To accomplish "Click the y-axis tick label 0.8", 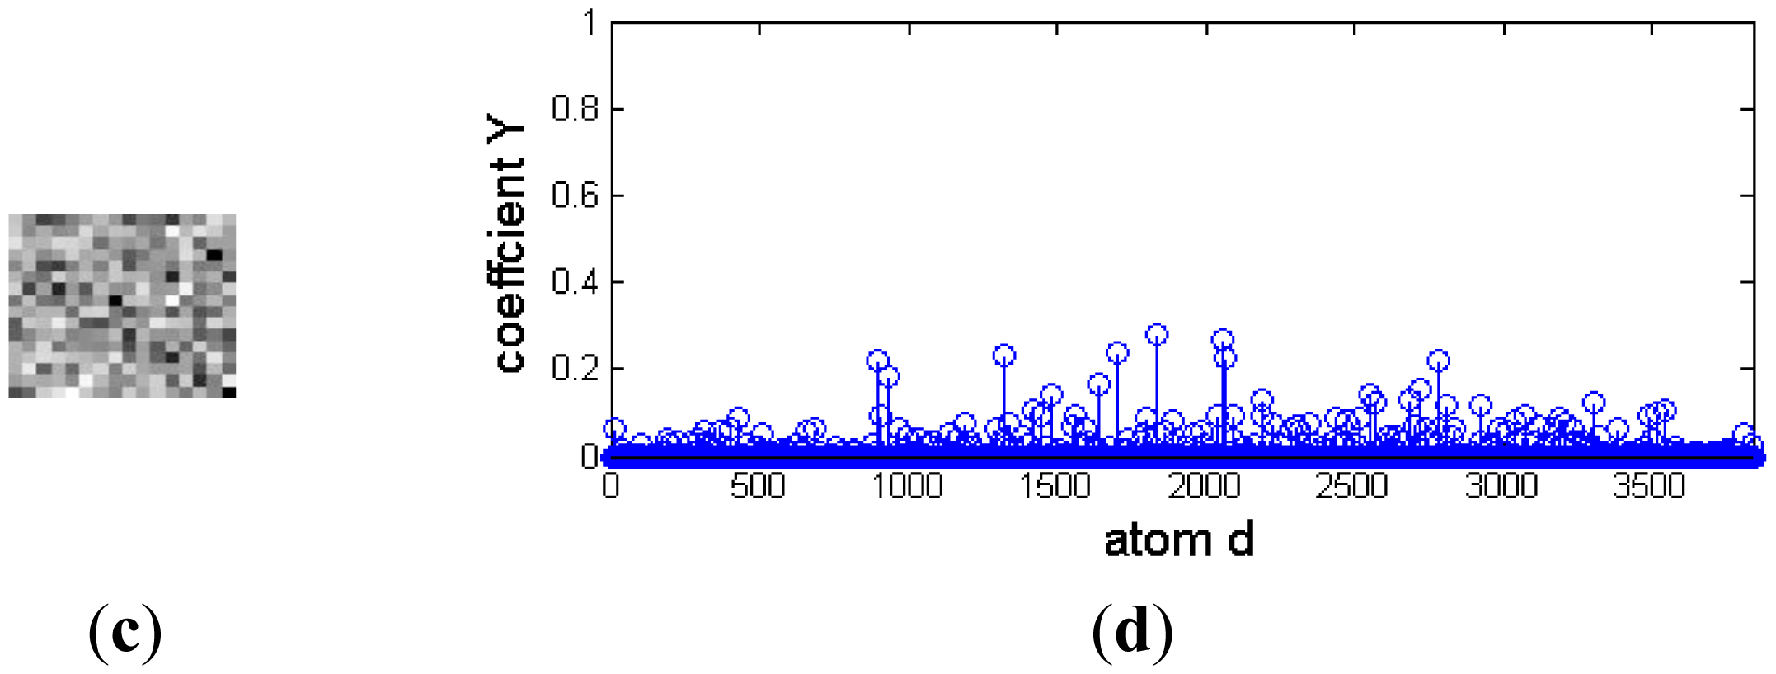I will [575, 109].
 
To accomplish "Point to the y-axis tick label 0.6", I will [575, 196].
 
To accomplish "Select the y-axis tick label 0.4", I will [575, 282].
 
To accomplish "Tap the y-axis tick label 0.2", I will [575, 368].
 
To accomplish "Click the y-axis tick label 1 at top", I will [589, 22].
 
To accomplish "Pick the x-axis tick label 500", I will [758, 486].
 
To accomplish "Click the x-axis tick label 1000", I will [907, 486].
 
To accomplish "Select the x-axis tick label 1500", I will [1055, 486].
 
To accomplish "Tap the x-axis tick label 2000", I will [1205, 486].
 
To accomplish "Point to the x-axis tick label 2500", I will [1352, 486].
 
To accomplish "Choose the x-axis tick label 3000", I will [1501, 486].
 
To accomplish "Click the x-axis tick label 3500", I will [1649, 486].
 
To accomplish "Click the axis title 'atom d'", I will [1179, 541].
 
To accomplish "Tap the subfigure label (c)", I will [125, 631].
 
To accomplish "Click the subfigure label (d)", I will [1132, 631].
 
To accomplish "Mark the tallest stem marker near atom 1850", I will [1157, 334].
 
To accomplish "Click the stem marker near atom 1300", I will [1003, 356].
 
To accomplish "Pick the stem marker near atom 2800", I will [1439, 361].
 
